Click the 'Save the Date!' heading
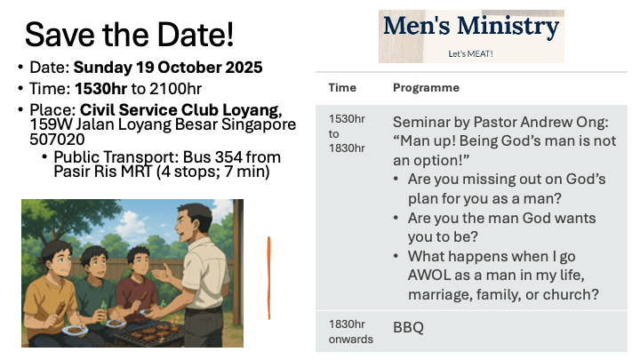[x=130, y=35]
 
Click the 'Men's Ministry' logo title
[x=471, y=26]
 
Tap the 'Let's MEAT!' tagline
[x=470, y=54]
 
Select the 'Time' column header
[x=342, y=88]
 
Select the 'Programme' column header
[x=426, y=88]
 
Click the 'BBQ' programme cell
[x=408, y=327]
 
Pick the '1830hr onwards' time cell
[x=350, y=332]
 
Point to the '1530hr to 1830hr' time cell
[x=347, y=133]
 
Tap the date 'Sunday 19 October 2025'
[x=168, y=68]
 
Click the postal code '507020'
[x=57, y=140]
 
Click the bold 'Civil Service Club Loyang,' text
[x=180, y=110]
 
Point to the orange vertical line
[x=269, y=277]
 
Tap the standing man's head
[x=193, y=222]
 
